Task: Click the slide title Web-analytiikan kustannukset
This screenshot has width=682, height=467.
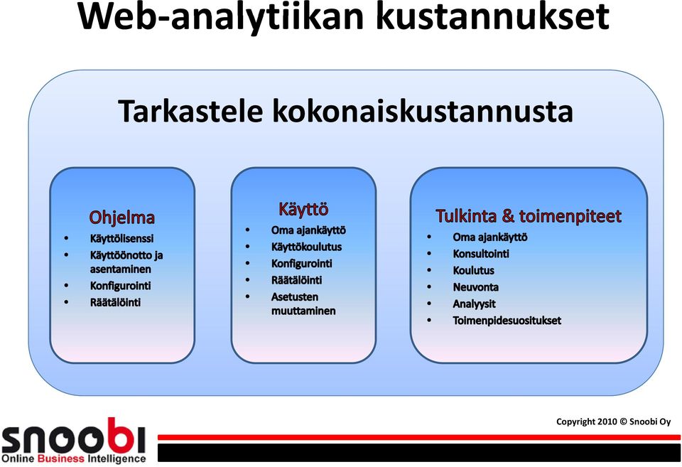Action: click(344, 16)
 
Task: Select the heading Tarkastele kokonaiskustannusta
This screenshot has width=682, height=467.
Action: click(346, 111)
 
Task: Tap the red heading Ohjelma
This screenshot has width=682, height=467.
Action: click(121, 218)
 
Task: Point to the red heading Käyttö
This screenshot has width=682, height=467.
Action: click(303, 210)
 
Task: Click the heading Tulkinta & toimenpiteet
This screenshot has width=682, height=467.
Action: click(529, 216)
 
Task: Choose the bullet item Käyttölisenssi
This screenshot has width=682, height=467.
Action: click(121, 239)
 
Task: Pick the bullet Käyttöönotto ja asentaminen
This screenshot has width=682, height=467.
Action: click(126, 262)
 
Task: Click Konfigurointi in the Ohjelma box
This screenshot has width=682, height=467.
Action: click(121, 286)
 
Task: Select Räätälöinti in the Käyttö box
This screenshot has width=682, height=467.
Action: click(297, 280)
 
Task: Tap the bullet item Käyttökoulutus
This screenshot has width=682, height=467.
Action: click(307, 247)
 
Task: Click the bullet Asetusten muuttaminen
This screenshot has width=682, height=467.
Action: click(303, 304)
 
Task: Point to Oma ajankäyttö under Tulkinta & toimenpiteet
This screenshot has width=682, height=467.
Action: click(490, 237)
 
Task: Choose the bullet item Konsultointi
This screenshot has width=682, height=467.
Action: click(481, 254)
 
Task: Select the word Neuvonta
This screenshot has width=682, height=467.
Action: click(476, 287)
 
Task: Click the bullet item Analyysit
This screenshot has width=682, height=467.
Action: click(474, 304)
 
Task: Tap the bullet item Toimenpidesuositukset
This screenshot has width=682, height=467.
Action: click(507, 321)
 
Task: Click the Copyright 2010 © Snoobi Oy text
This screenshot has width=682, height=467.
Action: click(614, 422)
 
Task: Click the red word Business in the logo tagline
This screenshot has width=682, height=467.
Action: click(61, 458)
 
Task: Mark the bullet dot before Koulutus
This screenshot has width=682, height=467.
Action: click(429, 270)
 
